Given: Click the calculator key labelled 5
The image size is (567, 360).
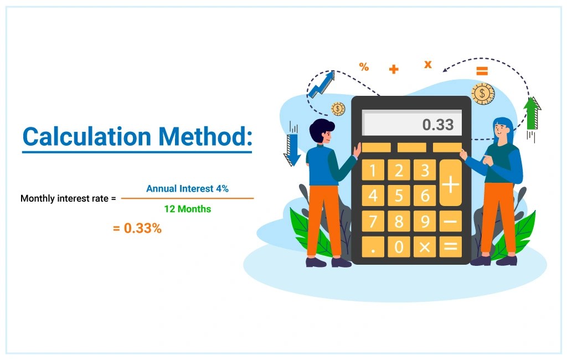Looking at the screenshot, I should coord(399,196).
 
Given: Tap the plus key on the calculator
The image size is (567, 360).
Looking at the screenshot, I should coord(450,183).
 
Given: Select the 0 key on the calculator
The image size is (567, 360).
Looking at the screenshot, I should coord(399,247).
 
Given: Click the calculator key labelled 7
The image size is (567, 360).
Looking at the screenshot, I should coord(373,222).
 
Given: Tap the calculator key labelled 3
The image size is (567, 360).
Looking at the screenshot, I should coord(424,170).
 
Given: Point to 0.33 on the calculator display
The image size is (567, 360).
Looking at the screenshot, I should coord(437,125).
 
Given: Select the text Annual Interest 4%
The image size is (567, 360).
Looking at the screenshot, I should coord(187,189).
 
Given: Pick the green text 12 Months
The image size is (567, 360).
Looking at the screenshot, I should coord(187,209).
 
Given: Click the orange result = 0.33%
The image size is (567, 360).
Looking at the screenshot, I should coord(137,228).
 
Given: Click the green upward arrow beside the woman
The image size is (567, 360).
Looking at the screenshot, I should coord(532,113).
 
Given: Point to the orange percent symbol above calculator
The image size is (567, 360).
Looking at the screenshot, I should coord(364,67).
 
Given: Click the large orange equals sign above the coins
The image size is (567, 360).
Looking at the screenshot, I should coord(482,71).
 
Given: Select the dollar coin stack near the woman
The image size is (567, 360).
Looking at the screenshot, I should coord(483,93).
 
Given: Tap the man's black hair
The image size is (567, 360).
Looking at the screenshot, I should coord(321,131).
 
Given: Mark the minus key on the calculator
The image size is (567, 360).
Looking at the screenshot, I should coord(450,222).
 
